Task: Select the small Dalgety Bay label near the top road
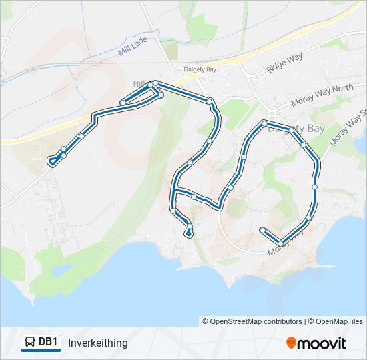(x=200, y=69)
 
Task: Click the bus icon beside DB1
(x=30, y=343)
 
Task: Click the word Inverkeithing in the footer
(x=97, y=343)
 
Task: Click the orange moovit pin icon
(x=292, y=343)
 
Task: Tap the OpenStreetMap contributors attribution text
(x=256, y=321)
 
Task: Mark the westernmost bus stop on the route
(x=51, y=161)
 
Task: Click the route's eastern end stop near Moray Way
(x=262, y=229)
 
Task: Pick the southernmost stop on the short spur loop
(x=190, y=233)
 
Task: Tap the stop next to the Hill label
(x=155, y=83)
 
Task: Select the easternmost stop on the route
(x=315, y=185)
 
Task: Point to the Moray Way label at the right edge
(x=350, y=127)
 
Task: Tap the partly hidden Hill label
(x=139, y=83)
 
